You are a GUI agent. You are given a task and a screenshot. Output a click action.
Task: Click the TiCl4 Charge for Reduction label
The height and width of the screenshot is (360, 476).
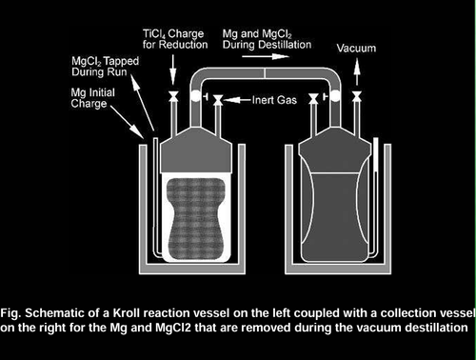point(175,39)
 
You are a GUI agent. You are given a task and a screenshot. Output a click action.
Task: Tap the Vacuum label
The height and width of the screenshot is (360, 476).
point(356,49)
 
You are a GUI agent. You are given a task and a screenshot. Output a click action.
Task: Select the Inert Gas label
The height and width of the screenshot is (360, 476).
point(274,100)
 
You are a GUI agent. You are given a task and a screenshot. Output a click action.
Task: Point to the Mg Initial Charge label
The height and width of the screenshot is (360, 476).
point(93,98)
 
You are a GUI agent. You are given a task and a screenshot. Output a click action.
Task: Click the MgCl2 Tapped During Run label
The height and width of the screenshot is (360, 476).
point(105,67)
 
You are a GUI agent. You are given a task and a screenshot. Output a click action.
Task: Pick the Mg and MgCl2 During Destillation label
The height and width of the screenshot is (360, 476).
point(267,39)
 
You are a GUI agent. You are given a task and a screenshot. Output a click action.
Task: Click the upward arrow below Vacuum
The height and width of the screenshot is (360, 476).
point(357,71)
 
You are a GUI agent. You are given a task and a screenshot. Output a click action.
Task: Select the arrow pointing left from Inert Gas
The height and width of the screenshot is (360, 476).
point(237,100)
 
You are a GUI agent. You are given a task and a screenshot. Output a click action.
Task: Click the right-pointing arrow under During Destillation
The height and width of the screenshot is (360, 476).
point(266,56)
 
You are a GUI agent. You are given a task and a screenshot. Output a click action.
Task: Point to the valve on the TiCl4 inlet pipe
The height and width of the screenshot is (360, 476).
point(173,96)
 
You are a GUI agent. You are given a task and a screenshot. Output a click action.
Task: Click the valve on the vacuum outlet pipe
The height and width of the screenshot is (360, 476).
point(357,96)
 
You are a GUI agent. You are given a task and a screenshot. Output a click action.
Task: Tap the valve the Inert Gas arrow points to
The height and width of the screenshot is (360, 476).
point(218,100)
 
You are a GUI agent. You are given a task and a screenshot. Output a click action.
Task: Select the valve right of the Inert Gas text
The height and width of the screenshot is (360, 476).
point(313,99)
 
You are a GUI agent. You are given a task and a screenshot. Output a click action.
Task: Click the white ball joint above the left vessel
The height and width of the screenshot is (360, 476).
point(196,95)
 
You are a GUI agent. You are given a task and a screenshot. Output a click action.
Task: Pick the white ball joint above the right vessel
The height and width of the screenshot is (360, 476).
point(335,95)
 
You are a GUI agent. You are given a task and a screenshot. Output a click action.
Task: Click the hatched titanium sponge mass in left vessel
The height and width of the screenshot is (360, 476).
point(196,218)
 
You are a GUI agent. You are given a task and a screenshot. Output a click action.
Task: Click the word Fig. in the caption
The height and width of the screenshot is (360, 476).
point(10,313)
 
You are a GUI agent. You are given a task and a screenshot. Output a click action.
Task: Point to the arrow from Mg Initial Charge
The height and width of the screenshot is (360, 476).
point(127,122)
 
